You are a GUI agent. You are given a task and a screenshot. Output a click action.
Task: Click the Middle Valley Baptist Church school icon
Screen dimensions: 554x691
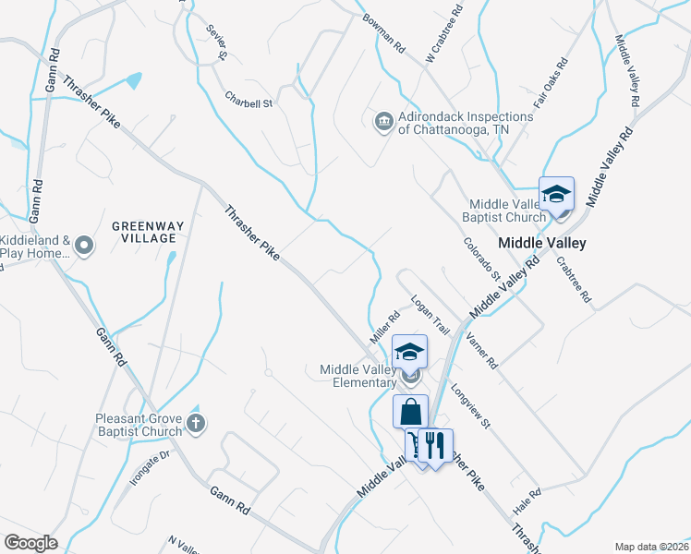[556, 194]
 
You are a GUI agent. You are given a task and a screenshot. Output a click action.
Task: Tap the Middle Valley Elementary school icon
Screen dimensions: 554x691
[409, 351]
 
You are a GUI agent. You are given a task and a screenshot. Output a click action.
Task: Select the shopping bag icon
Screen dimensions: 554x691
[410, 412]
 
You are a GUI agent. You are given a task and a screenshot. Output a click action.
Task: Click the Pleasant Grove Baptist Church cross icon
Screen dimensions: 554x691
[195, 424]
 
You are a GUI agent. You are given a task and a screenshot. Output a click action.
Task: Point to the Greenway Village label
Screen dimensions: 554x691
[143, 232]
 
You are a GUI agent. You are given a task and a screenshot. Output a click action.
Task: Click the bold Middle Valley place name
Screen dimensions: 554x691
[542, 243]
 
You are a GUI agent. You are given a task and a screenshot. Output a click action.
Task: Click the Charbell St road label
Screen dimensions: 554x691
[249, 98]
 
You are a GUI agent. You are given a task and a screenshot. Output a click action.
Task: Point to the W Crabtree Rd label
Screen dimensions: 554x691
[443, 34]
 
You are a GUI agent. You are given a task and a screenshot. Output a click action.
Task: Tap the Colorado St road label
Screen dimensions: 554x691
[482, 259]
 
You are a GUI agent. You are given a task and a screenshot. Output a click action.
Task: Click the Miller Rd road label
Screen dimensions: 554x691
[384, 328]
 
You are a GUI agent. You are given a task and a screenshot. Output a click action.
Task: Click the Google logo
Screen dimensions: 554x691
[30, 543]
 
